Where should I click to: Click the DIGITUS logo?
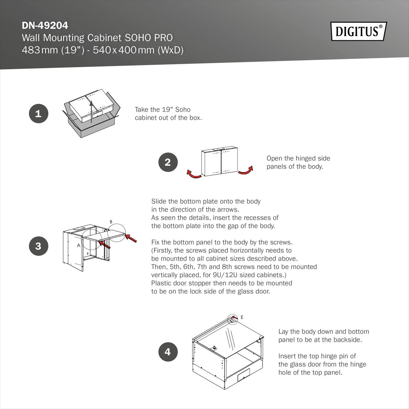coord(358,31)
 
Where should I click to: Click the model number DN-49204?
coord(45,25)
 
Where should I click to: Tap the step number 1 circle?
coord(38,114)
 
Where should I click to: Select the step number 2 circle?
coord(168,162)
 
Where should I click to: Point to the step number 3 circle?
coord(38,246)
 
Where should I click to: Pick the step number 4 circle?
coord(168,352)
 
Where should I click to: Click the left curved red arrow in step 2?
coord(194,174)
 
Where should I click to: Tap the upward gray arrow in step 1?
coord(91,112)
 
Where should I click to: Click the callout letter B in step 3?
coord(111,222)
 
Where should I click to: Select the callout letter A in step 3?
coord(79,245)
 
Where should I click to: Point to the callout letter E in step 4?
coord(242,317)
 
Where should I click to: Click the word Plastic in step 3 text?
coord(161,283)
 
